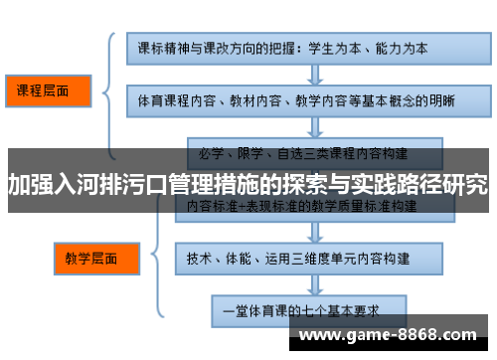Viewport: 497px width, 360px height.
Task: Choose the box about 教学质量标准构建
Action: (303, 206)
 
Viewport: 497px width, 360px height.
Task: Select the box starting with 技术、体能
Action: (303, 257)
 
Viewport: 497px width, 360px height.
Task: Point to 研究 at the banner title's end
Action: (465, 184)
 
